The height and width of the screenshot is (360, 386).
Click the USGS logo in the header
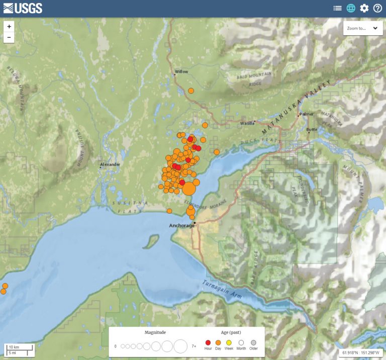click(23, 8)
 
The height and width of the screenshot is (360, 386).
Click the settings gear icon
click(364, 8)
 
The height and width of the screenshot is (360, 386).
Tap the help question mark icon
click(377, 8)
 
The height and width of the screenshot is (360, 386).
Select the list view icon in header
click(337, 8)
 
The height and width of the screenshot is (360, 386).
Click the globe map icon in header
click(351, 8)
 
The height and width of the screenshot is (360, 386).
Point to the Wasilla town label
click(247, 123)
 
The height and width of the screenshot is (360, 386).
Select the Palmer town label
click(306, 114)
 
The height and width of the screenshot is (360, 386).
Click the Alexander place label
click(110, 164)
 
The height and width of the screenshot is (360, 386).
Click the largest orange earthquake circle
click(189, 189)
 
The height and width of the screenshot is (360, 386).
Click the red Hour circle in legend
click(208, 342)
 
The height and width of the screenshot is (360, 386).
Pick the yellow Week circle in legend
click(229, 342)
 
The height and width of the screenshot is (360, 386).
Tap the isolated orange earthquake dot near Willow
click(191, 91)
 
